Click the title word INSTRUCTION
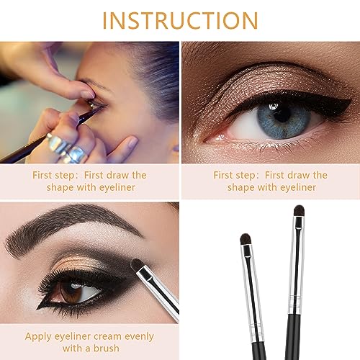tap(180, 19)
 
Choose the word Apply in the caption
tap(38, 336)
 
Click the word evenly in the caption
tap(142, 336)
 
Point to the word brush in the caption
tap(106, 348)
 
